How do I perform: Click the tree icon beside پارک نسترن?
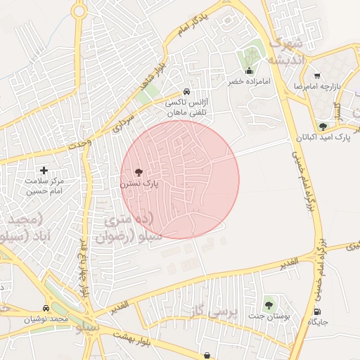click(x=137, y=172)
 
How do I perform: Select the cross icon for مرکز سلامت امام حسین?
click(x=44, y=170)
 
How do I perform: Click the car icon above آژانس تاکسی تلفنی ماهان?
click(x=185, y=91)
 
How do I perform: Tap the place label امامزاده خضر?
click(x=249, y=82)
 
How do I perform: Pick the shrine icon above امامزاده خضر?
click(x=249, y=71)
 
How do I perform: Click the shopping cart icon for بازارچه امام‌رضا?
click(x=317, y=75)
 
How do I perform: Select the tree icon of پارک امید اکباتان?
click(x=323, y=127)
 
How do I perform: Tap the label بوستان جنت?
click(x=268, y=316)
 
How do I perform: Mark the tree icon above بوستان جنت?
click(x=268, y=304)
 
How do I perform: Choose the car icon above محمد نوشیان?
click(x=46, y=309)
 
